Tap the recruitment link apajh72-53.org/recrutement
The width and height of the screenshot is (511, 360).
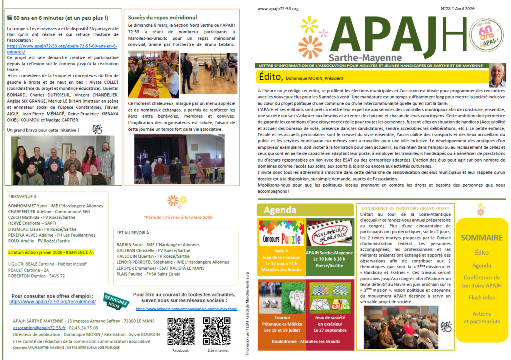coord(52,302)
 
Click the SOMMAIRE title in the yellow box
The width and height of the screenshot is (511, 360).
coord(482,238)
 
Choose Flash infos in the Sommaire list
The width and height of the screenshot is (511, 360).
coord(482,298)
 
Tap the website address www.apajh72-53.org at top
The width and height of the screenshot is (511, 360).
coord(278,9)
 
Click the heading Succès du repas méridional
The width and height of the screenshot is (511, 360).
coord(162,17)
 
